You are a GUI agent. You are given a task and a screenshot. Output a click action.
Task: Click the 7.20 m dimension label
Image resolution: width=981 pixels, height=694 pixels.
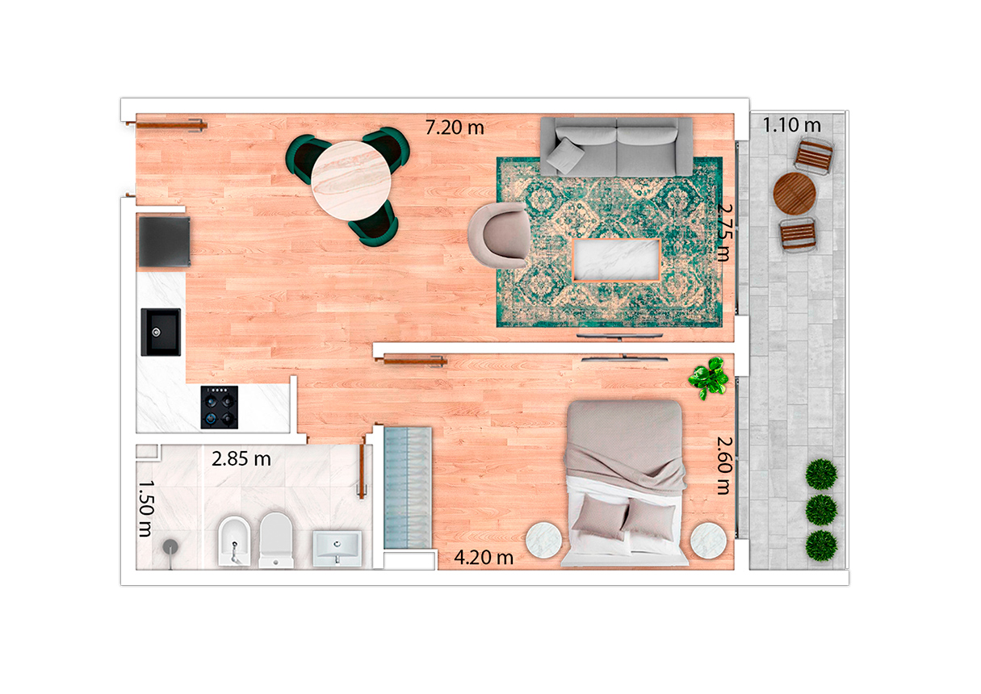pos(455,128)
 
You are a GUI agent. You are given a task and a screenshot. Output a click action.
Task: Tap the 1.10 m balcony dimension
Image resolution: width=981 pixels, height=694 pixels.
pos(792,125)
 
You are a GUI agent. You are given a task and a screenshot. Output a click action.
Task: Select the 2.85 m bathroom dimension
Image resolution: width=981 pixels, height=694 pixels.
pos(241,459)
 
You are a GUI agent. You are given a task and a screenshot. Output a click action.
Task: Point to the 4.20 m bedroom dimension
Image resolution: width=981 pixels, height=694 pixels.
pos(484,558)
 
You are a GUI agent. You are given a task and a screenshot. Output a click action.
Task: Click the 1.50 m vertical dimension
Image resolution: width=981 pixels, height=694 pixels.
pos(145,509)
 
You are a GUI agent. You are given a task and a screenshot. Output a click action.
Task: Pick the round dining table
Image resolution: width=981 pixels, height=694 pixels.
pos(350,180)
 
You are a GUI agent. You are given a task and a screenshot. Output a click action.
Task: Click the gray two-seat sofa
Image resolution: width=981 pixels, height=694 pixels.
pos(616,146)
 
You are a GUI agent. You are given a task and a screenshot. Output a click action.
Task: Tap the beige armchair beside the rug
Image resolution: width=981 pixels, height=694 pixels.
pos(498,235)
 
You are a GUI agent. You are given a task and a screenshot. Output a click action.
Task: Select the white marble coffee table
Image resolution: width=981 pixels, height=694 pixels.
pos(616,260)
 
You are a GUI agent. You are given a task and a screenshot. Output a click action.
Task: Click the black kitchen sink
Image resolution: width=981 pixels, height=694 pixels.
pos(161,332)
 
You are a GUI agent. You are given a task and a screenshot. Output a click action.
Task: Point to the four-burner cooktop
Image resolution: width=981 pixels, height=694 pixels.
pos(220,407)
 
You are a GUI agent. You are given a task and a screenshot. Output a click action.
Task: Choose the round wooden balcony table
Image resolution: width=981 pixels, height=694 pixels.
pos(794,194)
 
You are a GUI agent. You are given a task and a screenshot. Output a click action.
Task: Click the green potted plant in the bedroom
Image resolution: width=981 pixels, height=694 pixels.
pos(708,378)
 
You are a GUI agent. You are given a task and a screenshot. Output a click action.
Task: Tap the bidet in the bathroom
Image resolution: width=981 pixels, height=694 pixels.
pos(234,541)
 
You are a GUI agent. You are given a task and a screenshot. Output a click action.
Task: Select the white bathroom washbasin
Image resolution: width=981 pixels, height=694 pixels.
pos(337,549)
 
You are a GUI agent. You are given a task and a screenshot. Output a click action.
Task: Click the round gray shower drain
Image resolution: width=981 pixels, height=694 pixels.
pos(170,546)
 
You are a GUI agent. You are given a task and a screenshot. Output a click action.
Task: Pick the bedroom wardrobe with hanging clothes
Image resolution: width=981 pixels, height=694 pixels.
pos(408,487)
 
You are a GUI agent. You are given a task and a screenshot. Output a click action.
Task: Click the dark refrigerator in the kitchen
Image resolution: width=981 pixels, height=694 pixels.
pos(164,241)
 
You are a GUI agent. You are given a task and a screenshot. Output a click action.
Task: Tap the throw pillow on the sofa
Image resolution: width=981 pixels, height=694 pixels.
pos(565,156)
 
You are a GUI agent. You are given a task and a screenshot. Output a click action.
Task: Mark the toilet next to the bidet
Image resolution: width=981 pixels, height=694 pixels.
pos(276,541)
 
